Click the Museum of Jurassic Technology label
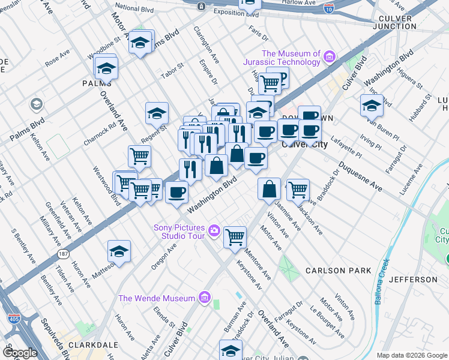point(282,58)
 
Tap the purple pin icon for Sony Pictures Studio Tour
point(214,230)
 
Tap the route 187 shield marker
point(64,254)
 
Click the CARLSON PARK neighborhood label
point(338,271)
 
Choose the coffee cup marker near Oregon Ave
point(176,192)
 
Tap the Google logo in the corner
point(20,353)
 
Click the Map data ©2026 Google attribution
point(412,355)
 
